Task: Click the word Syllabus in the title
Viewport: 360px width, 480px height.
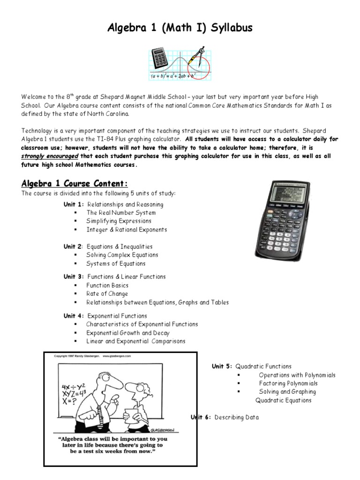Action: [230, 28]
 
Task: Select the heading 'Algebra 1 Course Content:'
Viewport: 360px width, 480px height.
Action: [74, 183]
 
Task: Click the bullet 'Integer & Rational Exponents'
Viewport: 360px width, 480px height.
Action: [127, 230]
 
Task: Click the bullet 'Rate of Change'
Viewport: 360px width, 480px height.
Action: [107, 294]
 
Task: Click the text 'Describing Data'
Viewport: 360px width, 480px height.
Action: [237, 417]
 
